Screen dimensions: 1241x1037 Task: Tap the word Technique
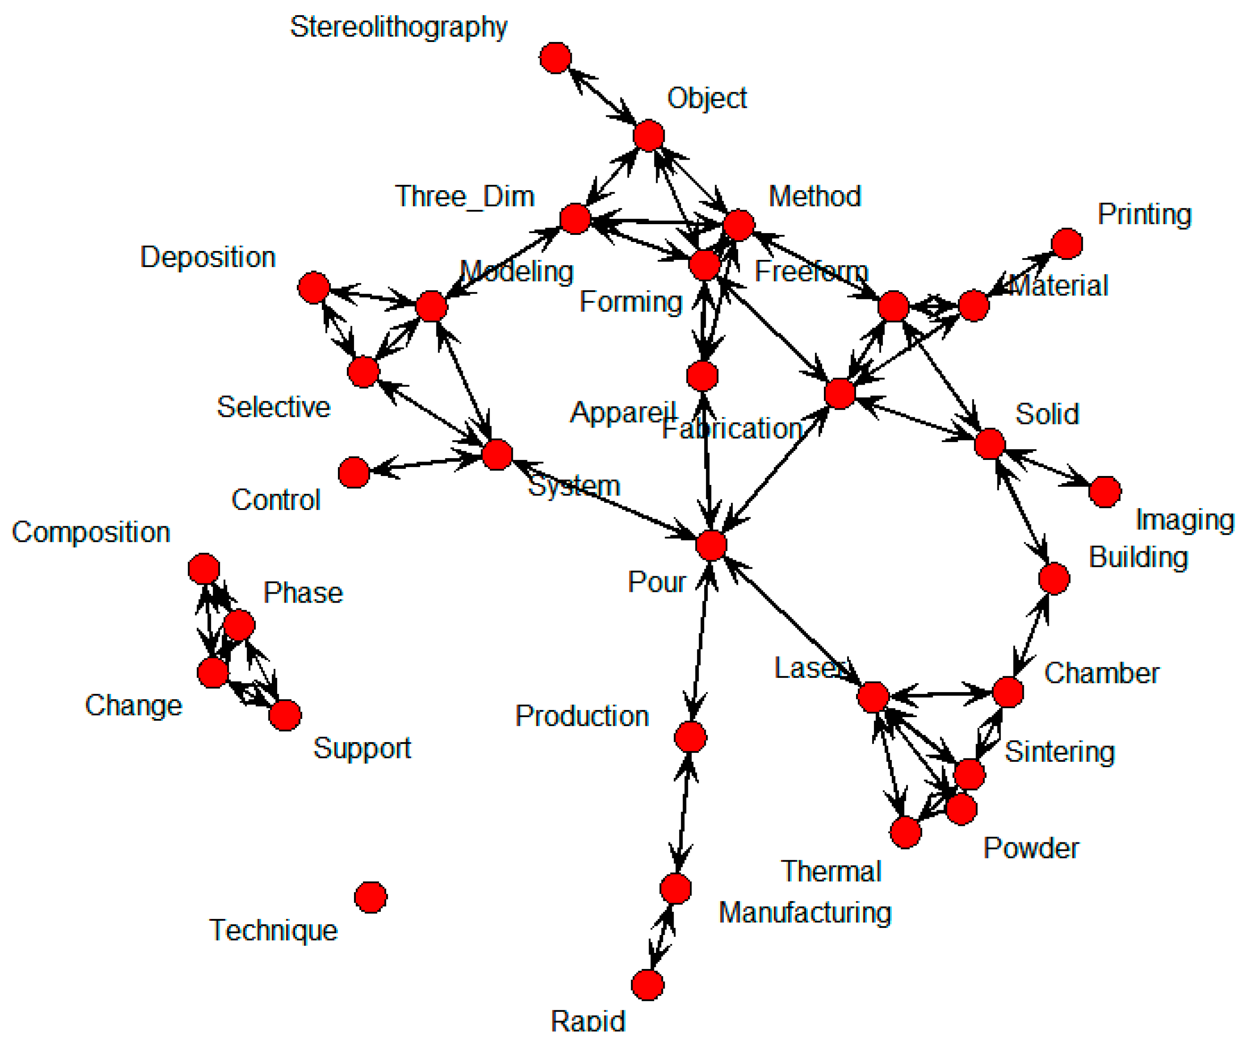pyautogui.click(x=273, y=931)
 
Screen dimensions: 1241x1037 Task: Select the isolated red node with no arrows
pyautogui.click(x=371, y=897)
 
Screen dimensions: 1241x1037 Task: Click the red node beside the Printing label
pyautogui.click(x=1067, y=243)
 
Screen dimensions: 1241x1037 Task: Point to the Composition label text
pyautogui.click(x=91, y=532)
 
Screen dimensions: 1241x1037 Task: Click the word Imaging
pyautogui.click(x=1184, y=520)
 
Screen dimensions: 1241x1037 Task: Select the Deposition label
pyautogui.click(x=207, y=257)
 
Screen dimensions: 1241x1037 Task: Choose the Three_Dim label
pyautogui.click(x=464, y=196)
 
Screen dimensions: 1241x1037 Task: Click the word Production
pyautogui.click(x=582, y=716)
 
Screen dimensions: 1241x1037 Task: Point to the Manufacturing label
pyautogui.click(x=804, y=912)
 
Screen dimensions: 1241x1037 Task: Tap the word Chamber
pyautogui.click(x=1102, y=673)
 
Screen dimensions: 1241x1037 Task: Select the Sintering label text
pyautogui.click(x=1059, y=752)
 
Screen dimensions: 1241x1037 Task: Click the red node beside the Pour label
pyautogui.click(x=711, y=545)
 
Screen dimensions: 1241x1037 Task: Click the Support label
pyautogui.click(x=362, y=748)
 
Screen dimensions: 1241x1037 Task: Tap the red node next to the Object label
pyautogui.click(x=649, y=136)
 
